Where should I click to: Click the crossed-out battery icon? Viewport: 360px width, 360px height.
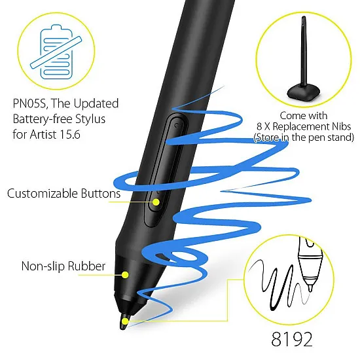[56, 52]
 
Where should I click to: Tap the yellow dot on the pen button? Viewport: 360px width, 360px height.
[156, 202]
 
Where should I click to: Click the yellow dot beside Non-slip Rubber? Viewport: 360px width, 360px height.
[125, 275]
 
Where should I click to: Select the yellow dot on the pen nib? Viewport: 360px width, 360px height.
[124, 321]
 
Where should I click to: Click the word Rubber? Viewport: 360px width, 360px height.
[86, 266]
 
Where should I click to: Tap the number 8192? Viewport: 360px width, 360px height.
[292, 339]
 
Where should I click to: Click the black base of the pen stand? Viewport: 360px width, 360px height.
[303, 92]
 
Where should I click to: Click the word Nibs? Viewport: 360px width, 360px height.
[342, 126]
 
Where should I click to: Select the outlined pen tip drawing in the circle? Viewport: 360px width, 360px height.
[310, 264]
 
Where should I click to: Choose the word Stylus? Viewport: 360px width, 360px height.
[90, 119]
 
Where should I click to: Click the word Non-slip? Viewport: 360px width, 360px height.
[43, 266]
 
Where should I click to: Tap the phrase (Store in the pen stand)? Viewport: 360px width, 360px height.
[304, 137]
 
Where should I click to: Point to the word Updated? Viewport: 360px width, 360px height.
[96, 103]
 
